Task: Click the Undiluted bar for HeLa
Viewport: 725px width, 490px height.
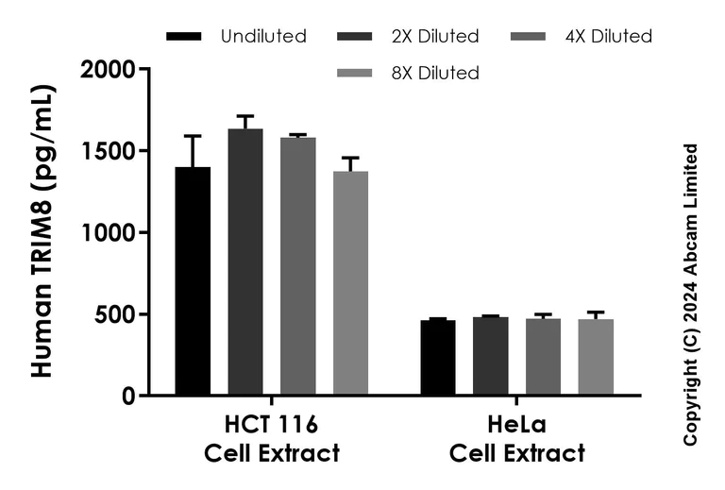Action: click(x=438, y=358)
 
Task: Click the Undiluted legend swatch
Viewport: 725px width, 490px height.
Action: click(x=184, y=37)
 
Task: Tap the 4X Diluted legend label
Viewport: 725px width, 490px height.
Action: click(x=609, y=37)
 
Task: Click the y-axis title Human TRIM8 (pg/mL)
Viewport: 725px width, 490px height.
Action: click(x=42, y=231)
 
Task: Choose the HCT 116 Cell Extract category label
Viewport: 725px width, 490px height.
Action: click(x=272, y=439)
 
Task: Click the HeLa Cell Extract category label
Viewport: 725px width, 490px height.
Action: click(x=517, y=439)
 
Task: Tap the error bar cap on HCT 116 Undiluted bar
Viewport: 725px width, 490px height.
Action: click(x=193, y=136)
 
